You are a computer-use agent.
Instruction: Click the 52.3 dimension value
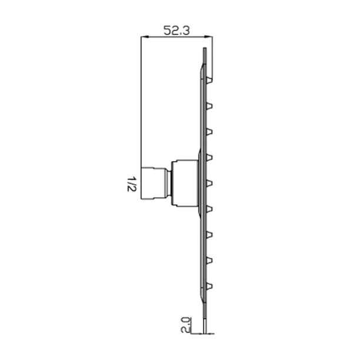(176, 31)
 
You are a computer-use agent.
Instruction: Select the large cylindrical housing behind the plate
(185, 183)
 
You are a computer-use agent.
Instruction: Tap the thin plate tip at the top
(204, 56)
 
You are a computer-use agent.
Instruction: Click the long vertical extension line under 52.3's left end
(141, 106)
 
